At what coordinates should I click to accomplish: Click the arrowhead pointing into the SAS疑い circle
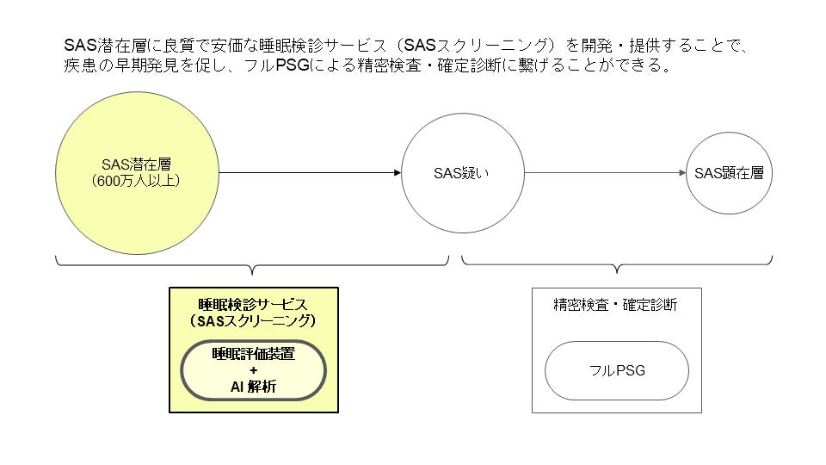[397, 173]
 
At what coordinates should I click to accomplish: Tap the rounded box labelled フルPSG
[617, 371]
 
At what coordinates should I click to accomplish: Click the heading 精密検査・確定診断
[615, 305]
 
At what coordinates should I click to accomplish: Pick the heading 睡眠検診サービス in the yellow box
[253, 304]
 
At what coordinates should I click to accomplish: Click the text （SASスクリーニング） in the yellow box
[253, 320]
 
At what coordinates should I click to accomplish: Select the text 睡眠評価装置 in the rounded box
[253, 354]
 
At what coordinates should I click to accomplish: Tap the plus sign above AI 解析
[253, 370]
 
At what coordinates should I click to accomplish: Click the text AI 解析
[253, 387]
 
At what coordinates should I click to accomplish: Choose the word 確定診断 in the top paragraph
[465, 66]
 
